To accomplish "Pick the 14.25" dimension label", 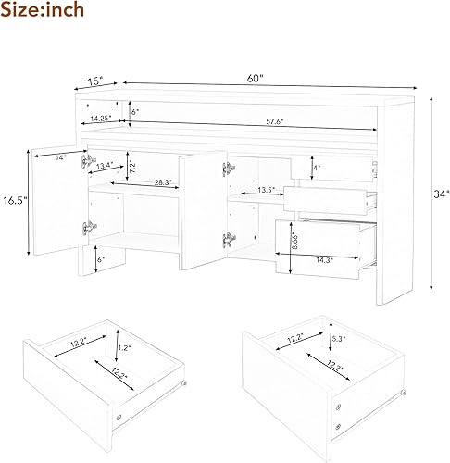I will [103, 119].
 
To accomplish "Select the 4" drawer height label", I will [317, 169].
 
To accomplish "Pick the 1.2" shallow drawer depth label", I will [124, 350].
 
